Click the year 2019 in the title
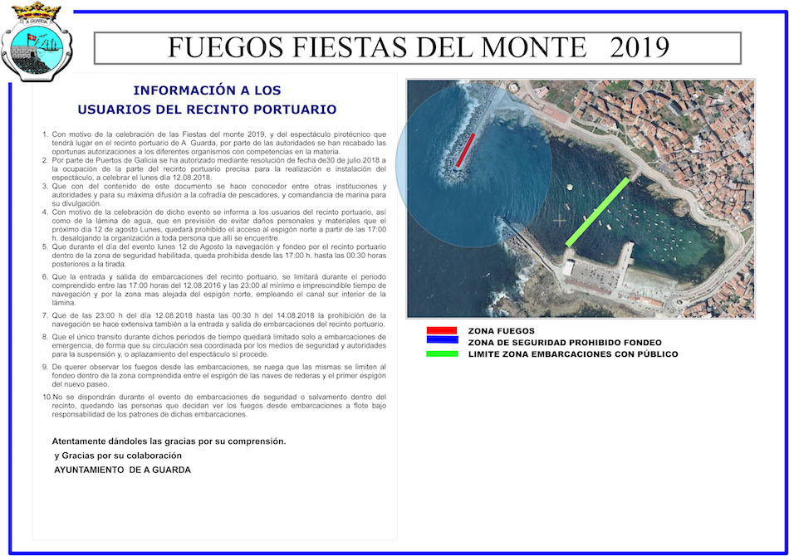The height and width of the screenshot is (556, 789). pyautogui.click(x=639, y=47)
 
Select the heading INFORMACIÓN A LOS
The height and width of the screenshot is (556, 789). pyautogui.click(x=207, y=90)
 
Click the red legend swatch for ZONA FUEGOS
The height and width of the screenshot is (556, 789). pyautogui.click(x=441, y=330)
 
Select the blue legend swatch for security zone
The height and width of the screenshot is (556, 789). pyautogui.click(x=441, y=339)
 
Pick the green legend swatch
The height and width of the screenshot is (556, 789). pyautogui.click(x=441, y=354)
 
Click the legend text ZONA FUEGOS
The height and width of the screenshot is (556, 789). pyautogui.click(x=502, y=330)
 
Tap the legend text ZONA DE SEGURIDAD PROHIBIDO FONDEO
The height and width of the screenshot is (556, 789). pyautogui.click(x=565, y=342)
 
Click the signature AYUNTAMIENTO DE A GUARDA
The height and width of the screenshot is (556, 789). pyautogui.click(x=122, y=470)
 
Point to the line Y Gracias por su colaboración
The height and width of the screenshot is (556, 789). pyautogui.click(x=118, y=456)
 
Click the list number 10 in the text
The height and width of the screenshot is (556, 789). pyautogui.click(x=46, y=397)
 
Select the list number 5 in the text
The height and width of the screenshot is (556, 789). pyautogui.click(x=45, y=246)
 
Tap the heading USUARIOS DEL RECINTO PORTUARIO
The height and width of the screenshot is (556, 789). pyautogui.click(x=207, y=109)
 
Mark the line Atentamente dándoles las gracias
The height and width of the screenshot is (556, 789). pyautogui.click(x=169, y=441)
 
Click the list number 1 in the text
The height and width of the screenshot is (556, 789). pyautogui.click(x=45, y=134)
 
